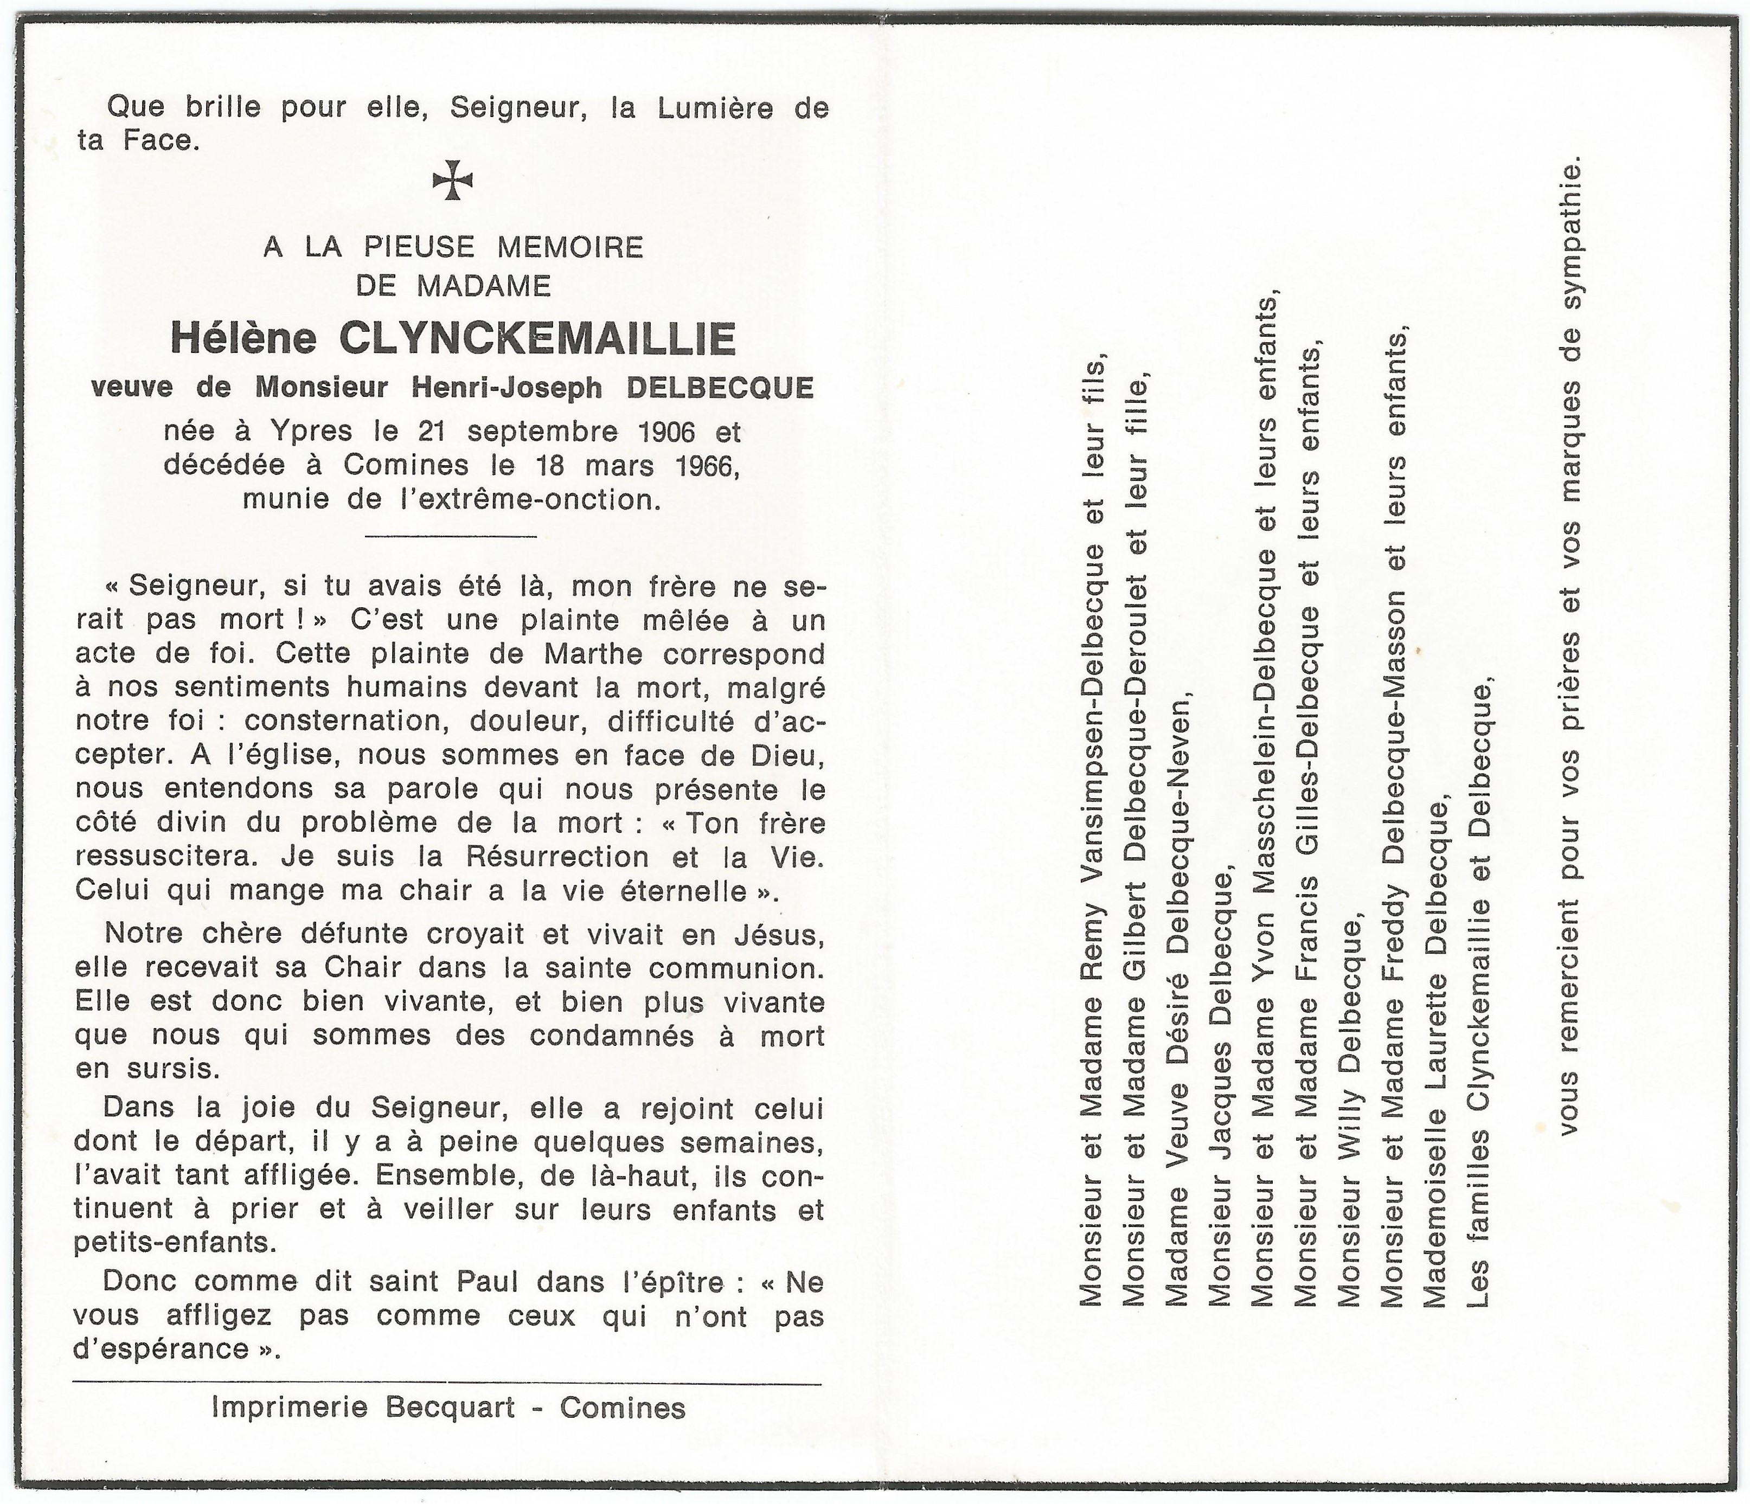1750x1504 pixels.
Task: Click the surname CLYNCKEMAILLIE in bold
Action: pos(537,339)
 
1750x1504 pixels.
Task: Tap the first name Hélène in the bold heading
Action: pos(243,339)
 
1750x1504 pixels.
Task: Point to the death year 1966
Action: pos(704,465)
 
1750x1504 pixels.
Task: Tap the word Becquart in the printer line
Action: pos(450,1407)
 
